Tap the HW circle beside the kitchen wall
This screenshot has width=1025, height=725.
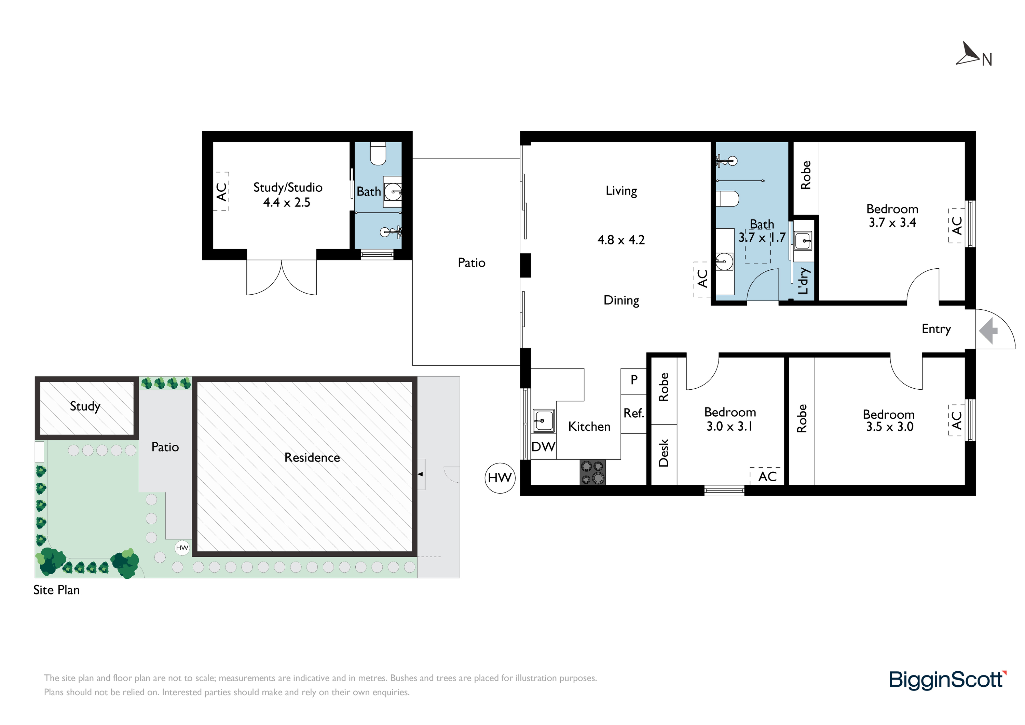tap(500, 478)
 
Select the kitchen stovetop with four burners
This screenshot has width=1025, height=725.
tap(593, 472)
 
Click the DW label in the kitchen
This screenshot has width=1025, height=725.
tap(543, 447)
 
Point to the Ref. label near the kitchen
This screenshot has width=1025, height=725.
tap(634, 413)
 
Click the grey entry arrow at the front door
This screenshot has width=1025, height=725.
tap(988, 331)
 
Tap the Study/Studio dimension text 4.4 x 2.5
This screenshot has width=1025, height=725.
tap(287, 202)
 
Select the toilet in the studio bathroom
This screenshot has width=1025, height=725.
tap(378, 154)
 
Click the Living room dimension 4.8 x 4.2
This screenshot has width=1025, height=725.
tap(621, 240)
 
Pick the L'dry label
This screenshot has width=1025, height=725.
tap(804, 281)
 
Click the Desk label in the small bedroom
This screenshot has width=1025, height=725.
tap(664, 453)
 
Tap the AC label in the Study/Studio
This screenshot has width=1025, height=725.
tap(221, 192)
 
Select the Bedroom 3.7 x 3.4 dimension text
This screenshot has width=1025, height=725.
tap(892, 223)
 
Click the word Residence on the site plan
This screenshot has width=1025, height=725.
tap(312, 457)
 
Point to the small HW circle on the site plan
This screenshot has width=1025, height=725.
tap(182, 548)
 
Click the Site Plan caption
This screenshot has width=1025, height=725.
tap(57, 590)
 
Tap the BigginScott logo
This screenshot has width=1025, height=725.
tap(948, 680)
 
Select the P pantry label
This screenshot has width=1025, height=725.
tap(634, 380)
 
